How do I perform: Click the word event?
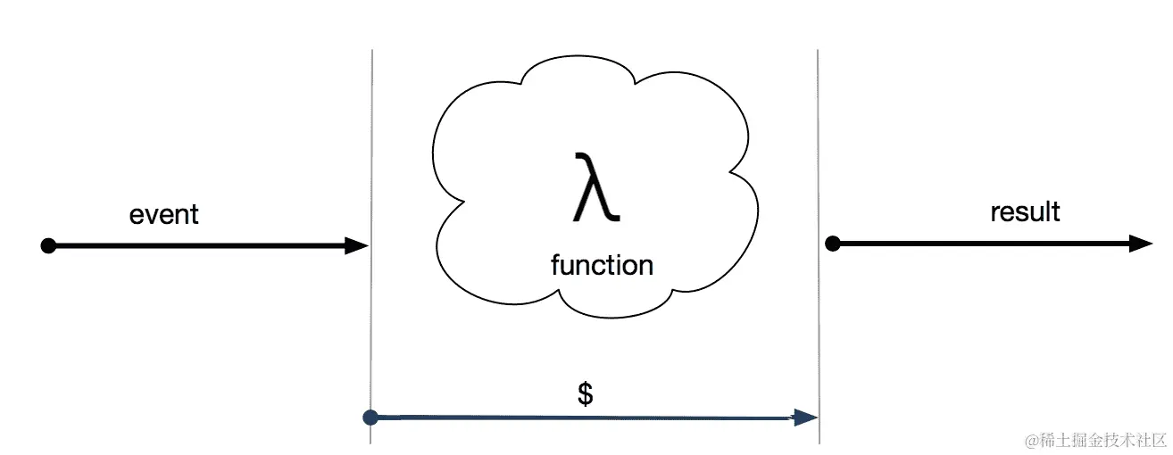click(x=164, y=215)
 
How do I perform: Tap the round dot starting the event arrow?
click(x=49, y=245)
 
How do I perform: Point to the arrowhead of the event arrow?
click(x=358, y=245)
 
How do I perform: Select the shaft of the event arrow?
click(x=196, y=245)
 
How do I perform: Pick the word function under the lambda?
click(x=602, y=265)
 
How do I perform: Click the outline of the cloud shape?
click(x=436, y=143)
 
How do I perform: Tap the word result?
click(x=1025, y=212)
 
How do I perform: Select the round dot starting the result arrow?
click(x=832, y=243)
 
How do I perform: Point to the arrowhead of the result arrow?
click(x=1142, y=243)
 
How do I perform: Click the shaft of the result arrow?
click(x=982, y=243)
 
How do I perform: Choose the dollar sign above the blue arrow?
click(x=586, y=393)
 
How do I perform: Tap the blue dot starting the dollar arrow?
click(x=371, y=417)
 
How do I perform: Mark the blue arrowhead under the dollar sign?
click(x=807, y=417)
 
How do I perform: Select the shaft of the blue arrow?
click(x=580, y=417)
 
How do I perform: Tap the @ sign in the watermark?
click(x=1031, y=441)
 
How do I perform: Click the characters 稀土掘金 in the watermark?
click(x=1069, y=441)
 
